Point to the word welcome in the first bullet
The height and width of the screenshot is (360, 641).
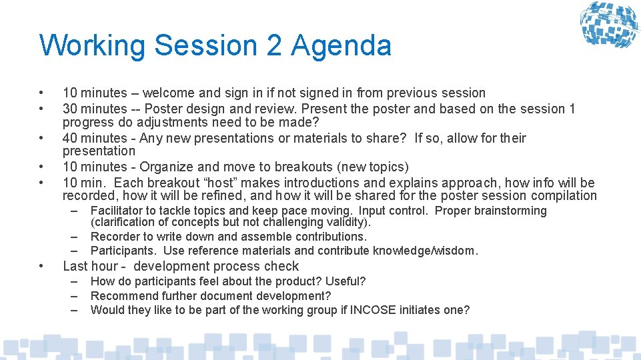tap(167, 93)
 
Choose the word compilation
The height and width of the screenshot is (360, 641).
tap(564, 195)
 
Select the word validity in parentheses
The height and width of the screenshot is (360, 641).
tap(344, 222)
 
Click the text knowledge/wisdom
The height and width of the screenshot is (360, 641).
tap(431, 251)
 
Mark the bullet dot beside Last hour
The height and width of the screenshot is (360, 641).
tap(42, 266)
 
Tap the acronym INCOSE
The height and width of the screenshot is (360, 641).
tap(373, 310)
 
